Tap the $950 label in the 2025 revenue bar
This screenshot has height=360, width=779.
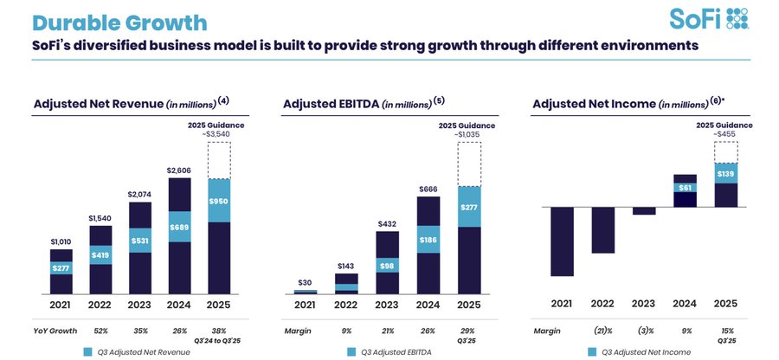pos(219,201)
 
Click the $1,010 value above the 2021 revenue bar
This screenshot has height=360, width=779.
pos(61,241)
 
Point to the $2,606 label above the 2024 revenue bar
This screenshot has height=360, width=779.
pos(180,170)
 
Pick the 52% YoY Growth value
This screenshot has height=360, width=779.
pos(101,331)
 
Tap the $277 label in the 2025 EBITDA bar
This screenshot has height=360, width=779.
pos(468,207)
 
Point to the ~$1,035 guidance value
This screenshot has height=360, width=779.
pos(468,134)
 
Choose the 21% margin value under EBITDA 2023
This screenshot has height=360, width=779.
pos(389,331)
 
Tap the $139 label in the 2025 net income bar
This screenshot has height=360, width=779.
pos(725,174)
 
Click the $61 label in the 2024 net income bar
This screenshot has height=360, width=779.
pos(686,187)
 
